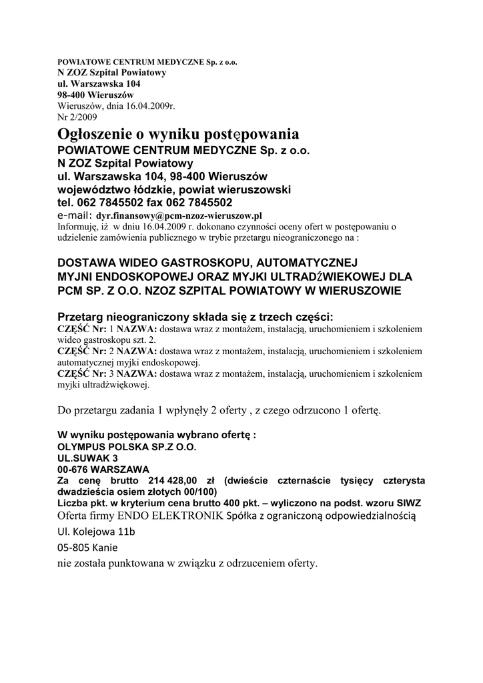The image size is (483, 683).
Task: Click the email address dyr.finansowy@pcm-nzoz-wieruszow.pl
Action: click(x=179, y=216)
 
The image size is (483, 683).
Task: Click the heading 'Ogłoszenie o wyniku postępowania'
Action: click(x=178, y=133)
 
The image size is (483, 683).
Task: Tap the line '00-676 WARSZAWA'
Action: click(x=103, y=469)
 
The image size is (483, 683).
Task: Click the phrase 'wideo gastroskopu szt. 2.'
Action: click(x=107, y=339)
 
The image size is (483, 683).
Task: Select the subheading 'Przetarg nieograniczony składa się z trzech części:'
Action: click(x=195, y=316)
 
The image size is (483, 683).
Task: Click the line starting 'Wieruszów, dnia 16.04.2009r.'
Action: click(x=116, y=105)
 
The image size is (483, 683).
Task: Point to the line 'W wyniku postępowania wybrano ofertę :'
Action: click(x=157, y=436)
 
